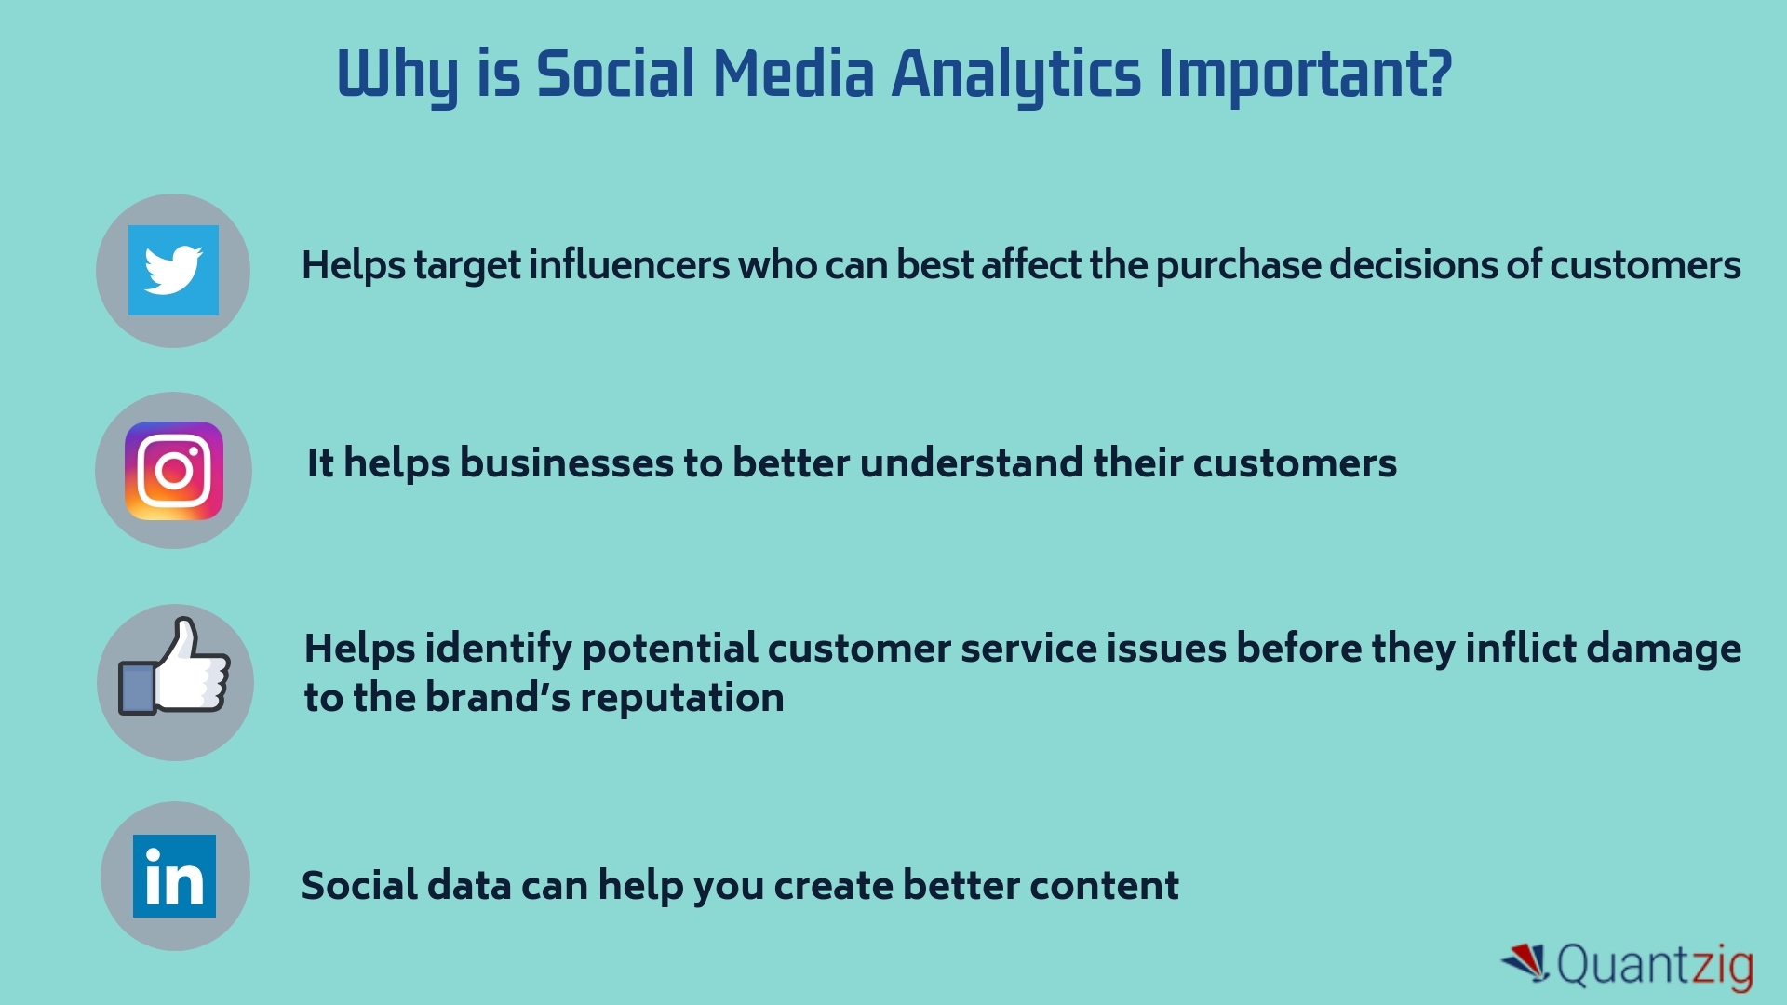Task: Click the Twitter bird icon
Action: pyautogui.click(x=173, y=270)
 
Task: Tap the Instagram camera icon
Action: pyautogui.click(x=174, y=471)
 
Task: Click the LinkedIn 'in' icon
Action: pyautogui.click(x=174, y=876)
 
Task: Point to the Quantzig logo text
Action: pyautogui.click(x=1655, y=966)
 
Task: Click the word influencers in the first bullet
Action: pyautogui.click(x=629, y=265)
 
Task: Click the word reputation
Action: pyautogui.click(x=681, y=699)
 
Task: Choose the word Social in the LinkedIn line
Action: pyautogui.click(x=359, y=885)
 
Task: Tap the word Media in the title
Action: pyautogui.click(x=793, y=74)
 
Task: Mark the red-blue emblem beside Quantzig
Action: pyautogui.click(x=1525, y=962)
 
